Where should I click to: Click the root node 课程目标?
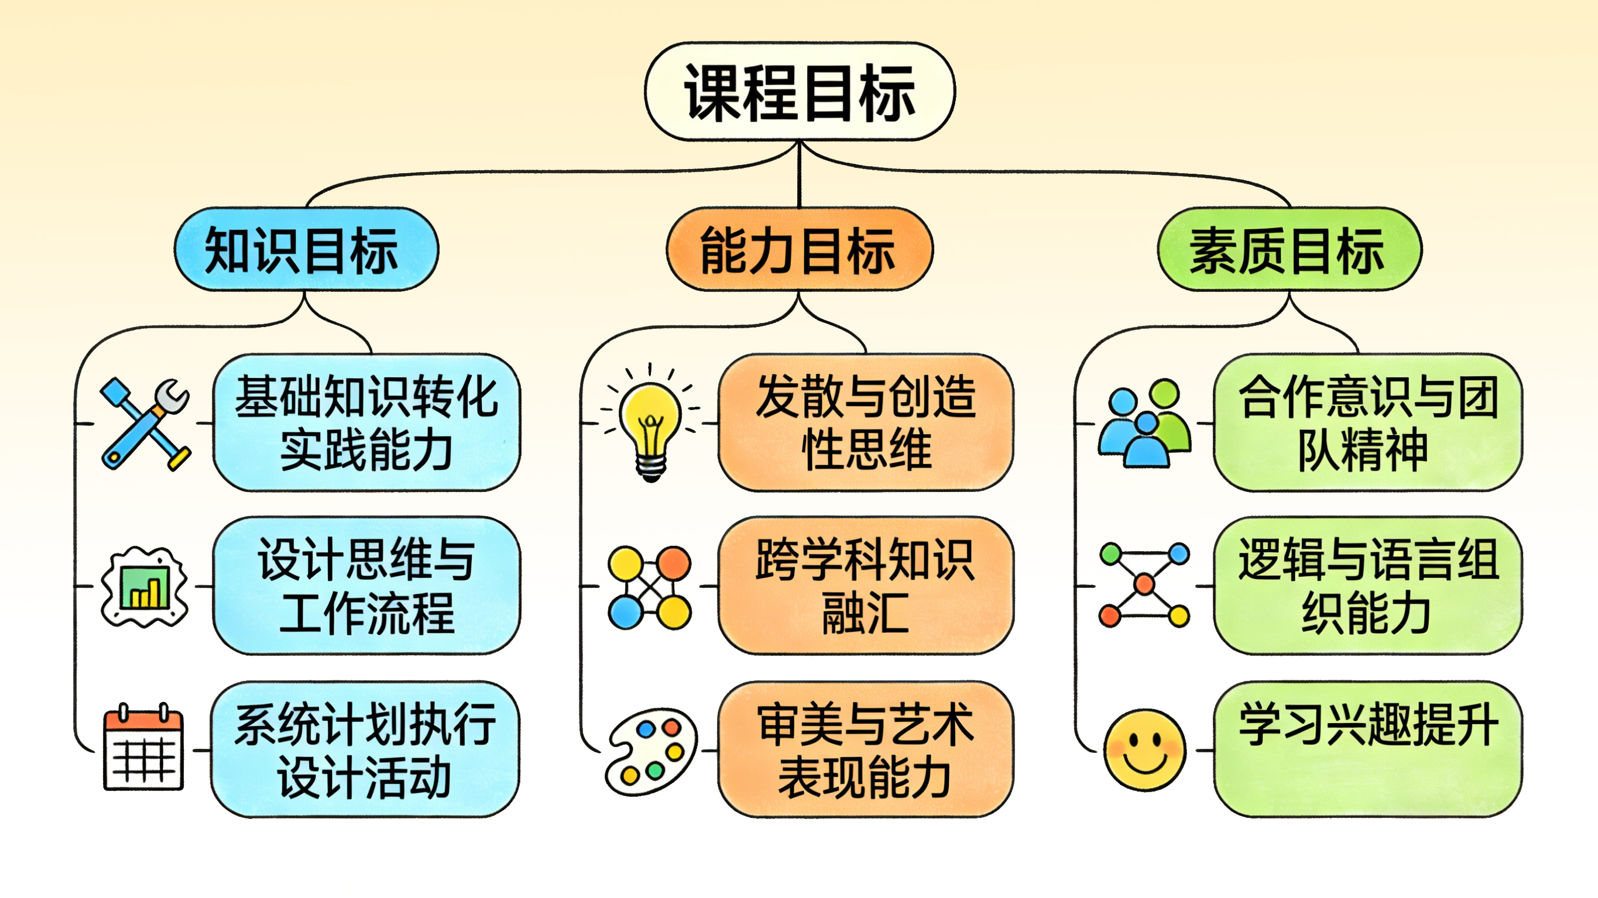coord(800,92)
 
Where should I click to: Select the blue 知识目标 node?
coord(306,249)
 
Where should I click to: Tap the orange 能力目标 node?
coord(799,249)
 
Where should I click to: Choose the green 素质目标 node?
coord(1289,249)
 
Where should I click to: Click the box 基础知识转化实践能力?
coord(366,423)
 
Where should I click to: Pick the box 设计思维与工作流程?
coord(366,586)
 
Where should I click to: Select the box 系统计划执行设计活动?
coord(365,749)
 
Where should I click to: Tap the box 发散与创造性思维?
coord(865,423)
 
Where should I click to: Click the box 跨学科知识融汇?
coord(865,586)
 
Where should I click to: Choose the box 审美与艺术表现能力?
coord(865,749)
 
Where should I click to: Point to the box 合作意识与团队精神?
coord(1367,423)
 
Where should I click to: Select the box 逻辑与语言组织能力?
coord(1367,586)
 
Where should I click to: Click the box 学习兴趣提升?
coord(1367,749)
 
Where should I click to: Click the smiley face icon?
coord(1144,751)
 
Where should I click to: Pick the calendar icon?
coord(144,749)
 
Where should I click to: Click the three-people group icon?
coord(1144,424)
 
